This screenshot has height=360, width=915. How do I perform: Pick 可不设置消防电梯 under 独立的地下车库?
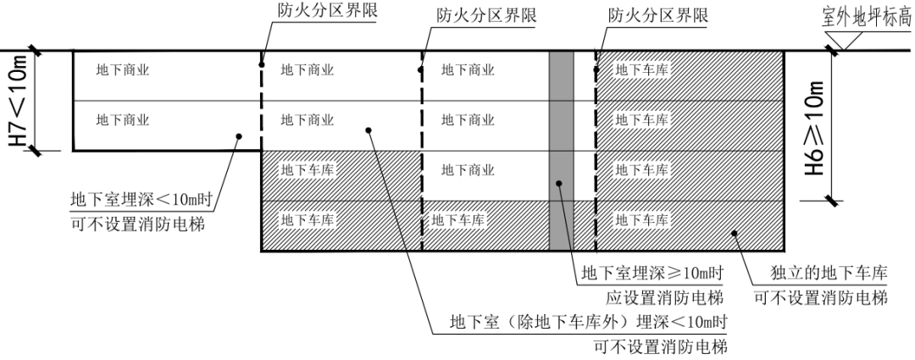pos(820,298)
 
